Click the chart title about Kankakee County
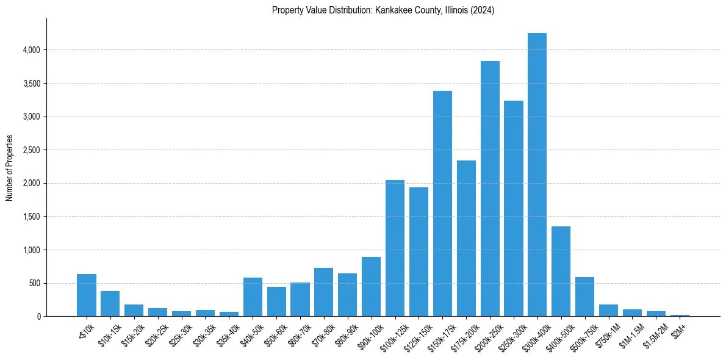point(383,10)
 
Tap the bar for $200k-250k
point(490,189)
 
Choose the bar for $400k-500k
point(561,271)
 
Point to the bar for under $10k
point(87,295)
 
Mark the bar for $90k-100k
point(371,287)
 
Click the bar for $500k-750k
point(584,297)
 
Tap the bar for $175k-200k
point(466,238)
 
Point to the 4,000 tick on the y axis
point(31,50)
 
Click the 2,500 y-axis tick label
point(31,150)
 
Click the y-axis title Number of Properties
point(10,168)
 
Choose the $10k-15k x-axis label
point(108,334)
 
